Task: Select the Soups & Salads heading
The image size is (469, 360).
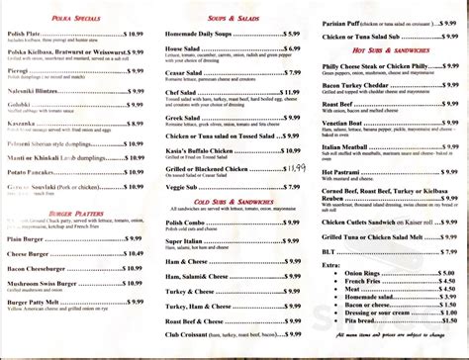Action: coord(234,19)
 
